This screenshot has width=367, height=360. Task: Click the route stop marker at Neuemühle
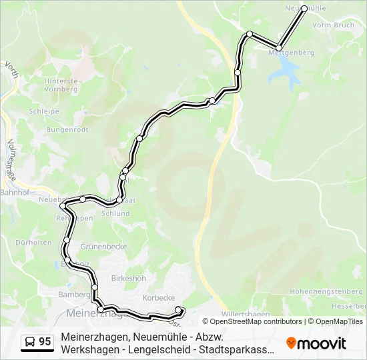304,9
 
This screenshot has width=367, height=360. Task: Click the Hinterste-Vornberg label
62,85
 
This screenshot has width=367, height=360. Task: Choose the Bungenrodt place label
67,129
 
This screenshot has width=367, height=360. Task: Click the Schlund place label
115,213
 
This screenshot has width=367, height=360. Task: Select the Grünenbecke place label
103,246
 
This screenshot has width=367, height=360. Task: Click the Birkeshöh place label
129,278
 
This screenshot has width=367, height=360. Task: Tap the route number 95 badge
45,342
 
